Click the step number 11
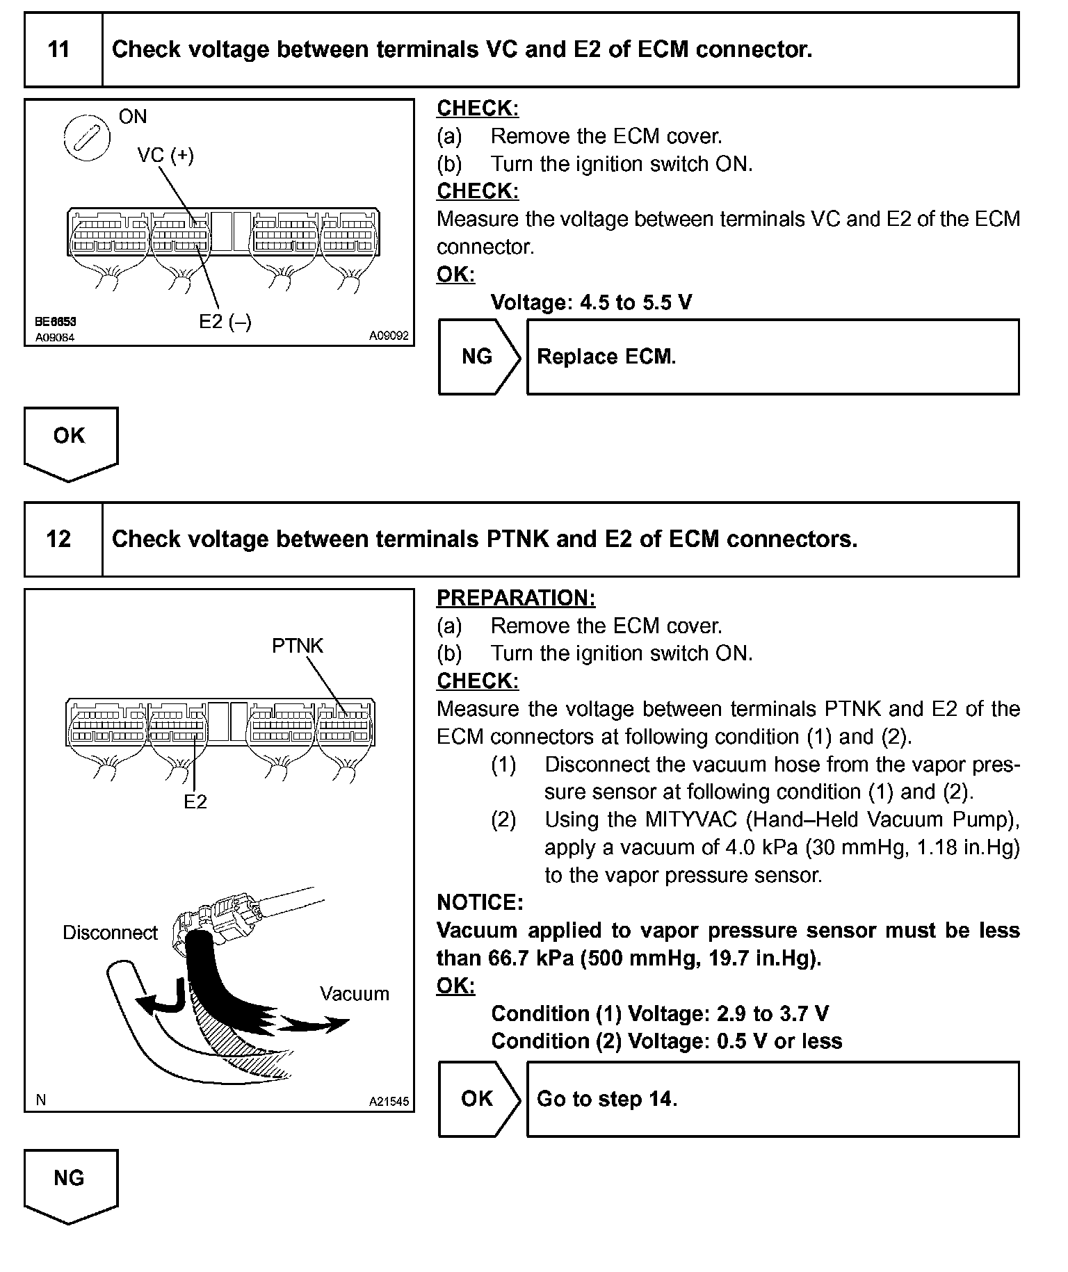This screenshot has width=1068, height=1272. click(x=58, y=49)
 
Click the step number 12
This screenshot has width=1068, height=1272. click(x=58, y=539)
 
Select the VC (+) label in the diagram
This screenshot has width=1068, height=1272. click(x=165, y=155)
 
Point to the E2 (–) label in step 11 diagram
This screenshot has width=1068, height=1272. click(x=225, y=321)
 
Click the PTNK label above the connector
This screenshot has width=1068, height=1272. click(x=298, y=646)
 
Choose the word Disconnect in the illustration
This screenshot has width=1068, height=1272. click(x=111, y=932)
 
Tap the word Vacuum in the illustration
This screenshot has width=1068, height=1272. click(x=354, y=993)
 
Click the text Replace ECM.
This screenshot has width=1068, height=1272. click(x=606, y=357)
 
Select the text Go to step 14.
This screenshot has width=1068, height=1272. click(x=607, y=1099)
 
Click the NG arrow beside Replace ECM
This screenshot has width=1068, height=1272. click(x=478, y=357)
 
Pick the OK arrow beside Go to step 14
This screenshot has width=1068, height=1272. click(x=478, y=1099)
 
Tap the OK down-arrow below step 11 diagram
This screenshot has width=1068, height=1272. click(x=70, y=441)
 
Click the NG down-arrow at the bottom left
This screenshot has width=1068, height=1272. click(x=70, y=1183)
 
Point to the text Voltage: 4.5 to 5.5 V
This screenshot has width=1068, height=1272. click(x=591, y=302)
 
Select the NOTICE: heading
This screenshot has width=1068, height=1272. click(x=480, y=902)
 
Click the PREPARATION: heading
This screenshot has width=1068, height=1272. click(x=516, y=598)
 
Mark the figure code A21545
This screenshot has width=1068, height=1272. click(x=389, y=1102)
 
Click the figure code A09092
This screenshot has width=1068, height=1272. click(x=389, y=336)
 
